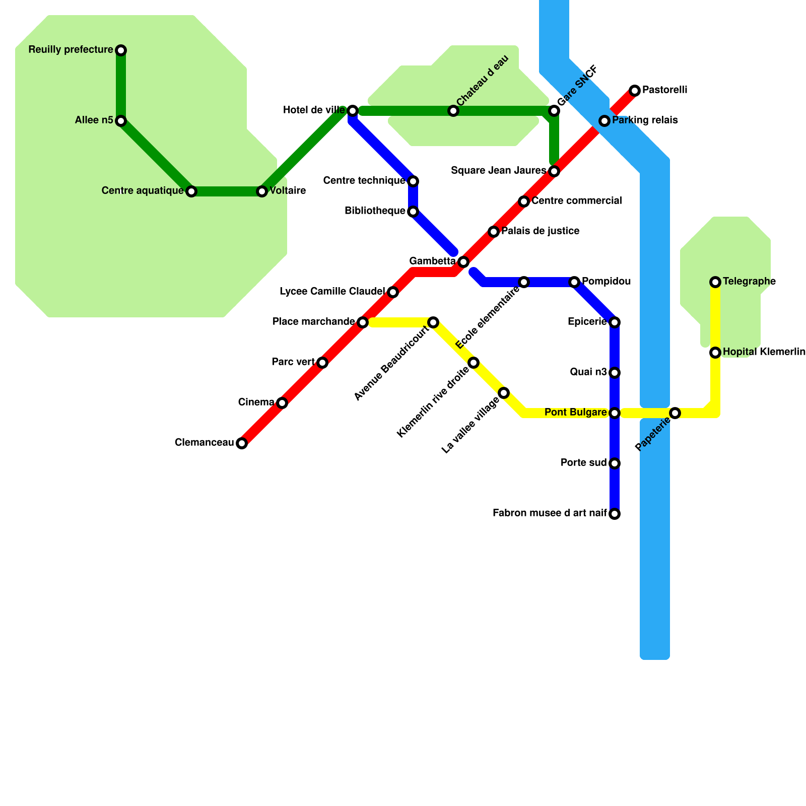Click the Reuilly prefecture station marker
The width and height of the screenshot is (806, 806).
point(121,50)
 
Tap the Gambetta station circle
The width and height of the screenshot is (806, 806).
point(463,262)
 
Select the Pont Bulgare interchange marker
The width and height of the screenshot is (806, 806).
point(615,413)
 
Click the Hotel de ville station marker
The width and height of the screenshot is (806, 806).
point(353,111)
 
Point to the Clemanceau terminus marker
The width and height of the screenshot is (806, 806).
point(242,443)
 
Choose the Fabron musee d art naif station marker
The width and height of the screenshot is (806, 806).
point(615,514)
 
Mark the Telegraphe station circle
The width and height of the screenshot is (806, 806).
point(715,282)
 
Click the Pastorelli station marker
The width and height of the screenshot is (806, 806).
point(635,91)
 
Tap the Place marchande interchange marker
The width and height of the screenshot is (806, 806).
point(363,322)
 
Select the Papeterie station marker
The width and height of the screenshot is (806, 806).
point(675,413)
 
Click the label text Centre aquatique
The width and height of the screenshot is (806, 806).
point(143,191)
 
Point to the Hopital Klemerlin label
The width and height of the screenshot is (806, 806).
point(764,352)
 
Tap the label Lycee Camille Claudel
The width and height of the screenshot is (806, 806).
point(332,292)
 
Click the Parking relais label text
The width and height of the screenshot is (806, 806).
point(645,120)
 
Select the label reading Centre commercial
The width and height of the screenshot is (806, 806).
point(577,201)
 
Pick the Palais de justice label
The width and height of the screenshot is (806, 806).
point(540,231)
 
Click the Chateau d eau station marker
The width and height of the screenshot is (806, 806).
point(453,111)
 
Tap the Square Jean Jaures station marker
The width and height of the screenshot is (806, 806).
point(554,171)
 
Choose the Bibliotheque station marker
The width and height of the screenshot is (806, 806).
point(413,212)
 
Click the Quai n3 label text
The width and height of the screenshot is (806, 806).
point(588,372)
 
